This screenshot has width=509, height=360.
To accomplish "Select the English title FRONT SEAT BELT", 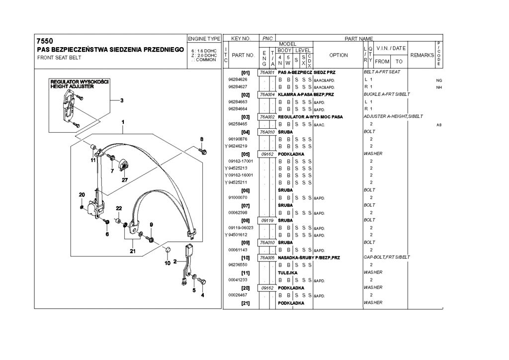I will [60, 58].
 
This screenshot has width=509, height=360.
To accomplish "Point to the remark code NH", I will [438, 87].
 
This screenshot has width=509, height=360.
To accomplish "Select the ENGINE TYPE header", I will [204, 39].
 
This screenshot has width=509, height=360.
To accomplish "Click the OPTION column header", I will [338, 55].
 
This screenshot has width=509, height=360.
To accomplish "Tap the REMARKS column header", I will [422, 55].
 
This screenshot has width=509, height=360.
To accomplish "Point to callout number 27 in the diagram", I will [124, 180].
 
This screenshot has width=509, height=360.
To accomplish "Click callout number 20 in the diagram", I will [82, 194].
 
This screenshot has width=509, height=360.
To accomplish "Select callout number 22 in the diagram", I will [119, 208].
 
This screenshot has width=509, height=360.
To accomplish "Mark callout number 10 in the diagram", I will [167, 263].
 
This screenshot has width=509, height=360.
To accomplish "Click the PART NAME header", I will [359, 38].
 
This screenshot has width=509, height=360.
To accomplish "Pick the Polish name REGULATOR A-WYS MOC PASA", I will [310, 116].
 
